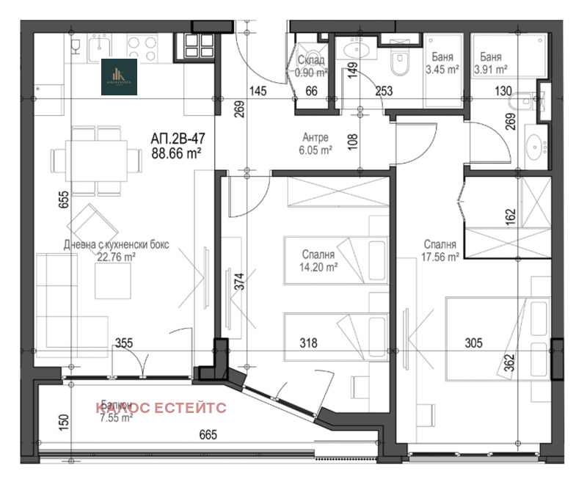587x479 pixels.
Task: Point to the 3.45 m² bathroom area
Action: pyautogui.click(x=442, y=70)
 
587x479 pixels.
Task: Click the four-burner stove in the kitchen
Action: pyautogui.click(x=195, y=50)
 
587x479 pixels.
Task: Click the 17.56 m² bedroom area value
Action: pyautogui.click(x=440, y=257)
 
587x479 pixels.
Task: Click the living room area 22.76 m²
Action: pyautogui.click(x=107, y=257)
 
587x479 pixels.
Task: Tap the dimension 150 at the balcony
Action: pyautogui.click(x=64, y=422)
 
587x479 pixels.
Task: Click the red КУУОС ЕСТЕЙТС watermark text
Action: pyautogui.click(x=160, y=408)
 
